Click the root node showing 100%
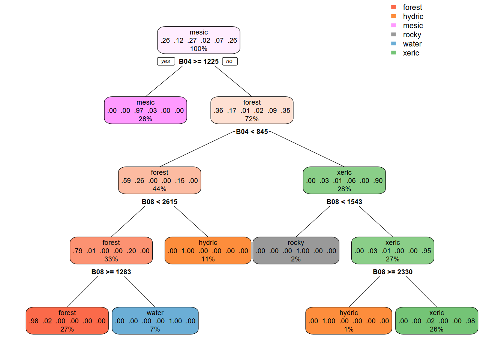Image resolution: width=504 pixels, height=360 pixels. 198,40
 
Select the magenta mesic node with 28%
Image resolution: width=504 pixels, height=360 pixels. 145,110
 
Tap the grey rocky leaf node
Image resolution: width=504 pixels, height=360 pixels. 295,250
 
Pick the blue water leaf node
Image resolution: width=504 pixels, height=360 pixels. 155,321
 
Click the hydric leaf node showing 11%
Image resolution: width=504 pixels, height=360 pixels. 208,250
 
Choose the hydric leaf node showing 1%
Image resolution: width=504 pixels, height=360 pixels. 348,321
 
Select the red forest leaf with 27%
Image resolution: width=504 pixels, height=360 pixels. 67,321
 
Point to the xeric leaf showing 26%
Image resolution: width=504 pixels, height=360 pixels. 436,321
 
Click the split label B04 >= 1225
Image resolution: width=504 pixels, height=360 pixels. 198,61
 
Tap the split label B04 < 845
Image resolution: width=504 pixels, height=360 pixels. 252,132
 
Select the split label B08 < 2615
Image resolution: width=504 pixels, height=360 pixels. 159,202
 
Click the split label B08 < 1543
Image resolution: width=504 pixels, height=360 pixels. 344,202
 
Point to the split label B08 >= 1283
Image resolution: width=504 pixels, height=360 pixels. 111,272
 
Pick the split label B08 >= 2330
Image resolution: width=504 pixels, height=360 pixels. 392,272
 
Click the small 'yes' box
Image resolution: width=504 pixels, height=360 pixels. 166,61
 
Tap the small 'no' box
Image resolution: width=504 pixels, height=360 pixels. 229,61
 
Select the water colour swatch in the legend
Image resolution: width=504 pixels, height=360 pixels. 393,43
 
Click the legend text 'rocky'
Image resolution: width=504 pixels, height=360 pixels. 412,34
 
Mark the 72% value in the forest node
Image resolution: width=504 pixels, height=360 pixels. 252,119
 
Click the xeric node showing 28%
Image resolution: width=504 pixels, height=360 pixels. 344,180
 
